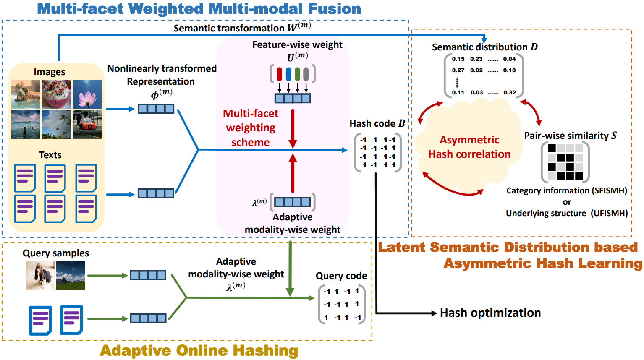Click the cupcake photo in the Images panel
[x=56, y=94]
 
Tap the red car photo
[x=87, y=124]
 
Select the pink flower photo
[x=87, y=94]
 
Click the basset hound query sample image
[x=40, y=275]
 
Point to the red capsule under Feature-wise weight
[x=280, y=74]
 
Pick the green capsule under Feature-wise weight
[x=297, y=74]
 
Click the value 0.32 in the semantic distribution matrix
[x=510, y=92]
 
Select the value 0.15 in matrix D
[x=458, y=59]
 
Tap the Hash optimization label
[x=490, y=313]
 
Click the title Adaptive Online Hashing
[x=199, y=350]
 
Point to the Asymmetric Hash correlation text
[x=469, y=147]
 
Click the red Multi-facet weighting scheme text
[x=251, y=128]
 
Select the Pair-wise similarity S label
[x=570, y=136]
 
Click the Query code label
[x=341, y=276]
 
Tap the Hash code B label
[x=377, y=123]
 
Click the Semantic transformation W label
[x=242, y=28]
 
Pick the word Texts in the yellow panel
[x=50, y=155]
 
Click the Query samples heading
[x=56, y=253]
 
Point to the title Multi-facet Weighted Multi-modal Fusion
[x=199, y=9]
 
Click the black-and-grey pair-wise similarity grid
[x=565, y=162]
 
